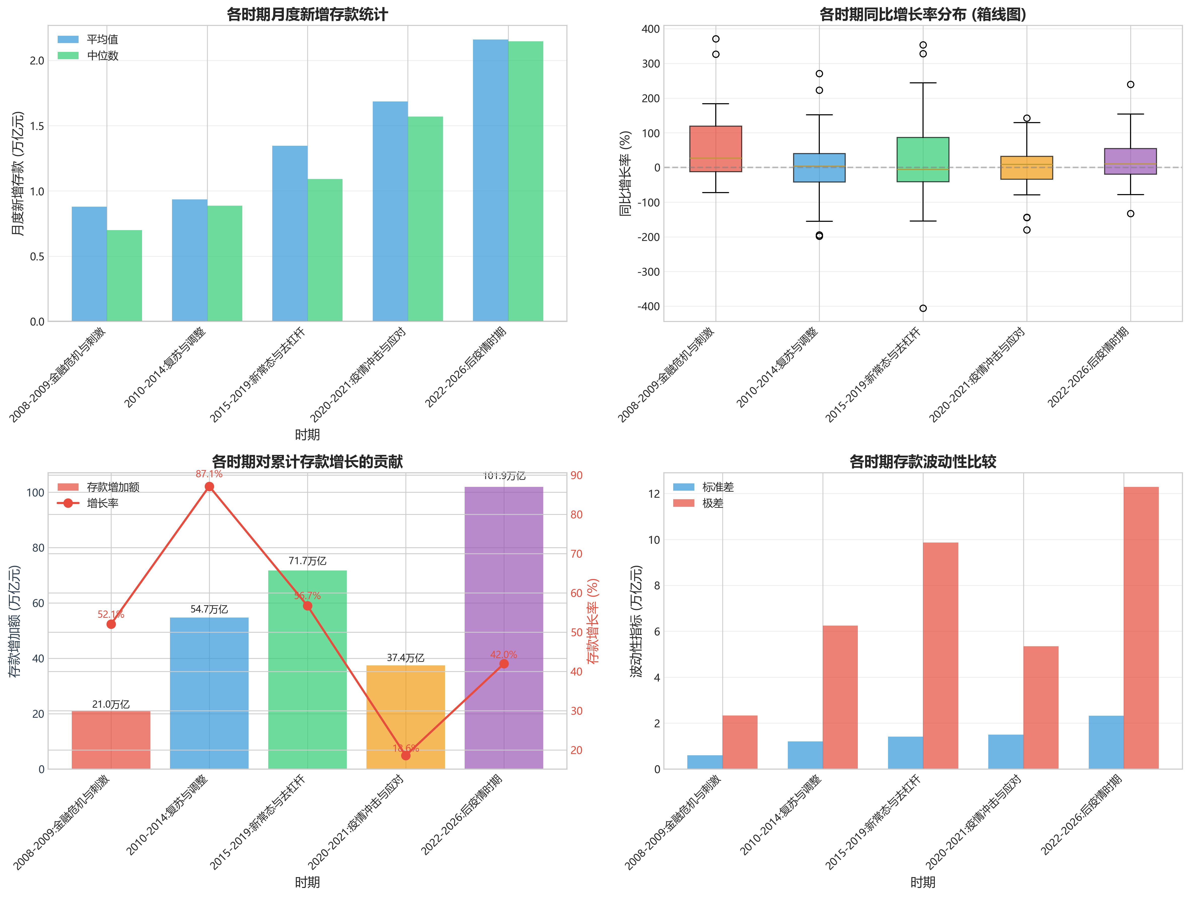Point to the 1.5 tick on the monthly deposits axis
point(37,126)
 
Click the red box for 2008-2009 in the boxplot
point(716,149)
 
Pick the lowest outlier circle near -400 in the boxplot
point(923,308)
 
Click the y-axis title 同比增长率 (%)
point(625,173)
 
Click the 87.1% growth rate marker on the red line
point(209,487)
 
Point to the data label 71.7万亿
point(307,561)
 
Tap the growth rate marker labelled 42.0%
point(503,664)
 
